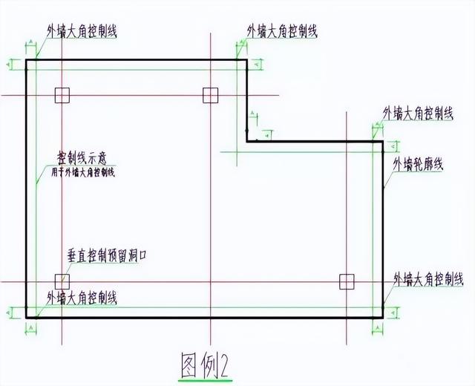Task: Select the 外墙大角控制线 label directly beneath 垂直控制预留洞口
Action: pyautogui.click(x=81, y=297)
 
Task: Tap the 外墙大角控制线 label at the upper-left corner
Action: pyautogui.click(x=82, y=31)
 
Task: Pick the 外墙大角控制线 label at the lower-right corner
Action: pyautogui.click(x=428, y=279)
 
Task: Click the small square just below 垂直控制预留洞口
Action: pyautogui.click(x=62, y=281)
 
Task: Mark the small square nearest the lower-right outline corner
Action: pyautogui.click(x=347, y=281)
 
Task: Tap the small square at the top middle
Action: pyautogui.click(x=211, y=94)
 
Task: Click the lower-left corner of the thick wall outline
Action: pyautogui.click(x=27, y=317)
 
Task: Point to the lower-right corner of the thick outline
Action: pyautogui.click(x=382, y=317)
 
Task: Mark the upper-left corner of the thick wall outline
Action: pyautogui.click(x=27, y=60)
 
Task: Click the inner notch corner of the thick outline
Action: pyautogui.click(x=247, y=141)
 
